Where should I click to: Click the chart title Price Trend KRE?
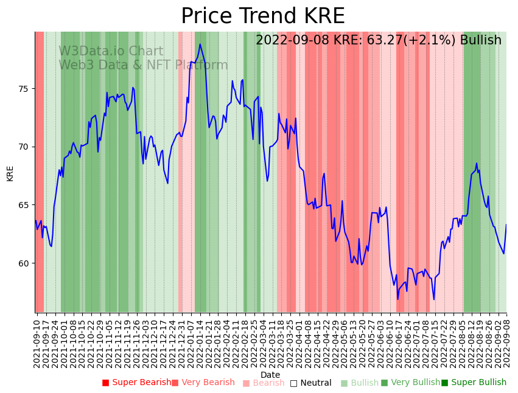point(262,16)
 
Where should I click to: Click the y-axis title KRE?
point(10,173)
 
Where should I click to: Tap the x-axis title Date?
point(270,375)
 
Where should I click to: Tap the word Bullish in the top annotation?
point(480,40)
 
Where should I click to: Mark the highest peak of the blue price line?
point(200,44)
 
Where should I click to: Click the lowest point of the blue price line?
point(398,299)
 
